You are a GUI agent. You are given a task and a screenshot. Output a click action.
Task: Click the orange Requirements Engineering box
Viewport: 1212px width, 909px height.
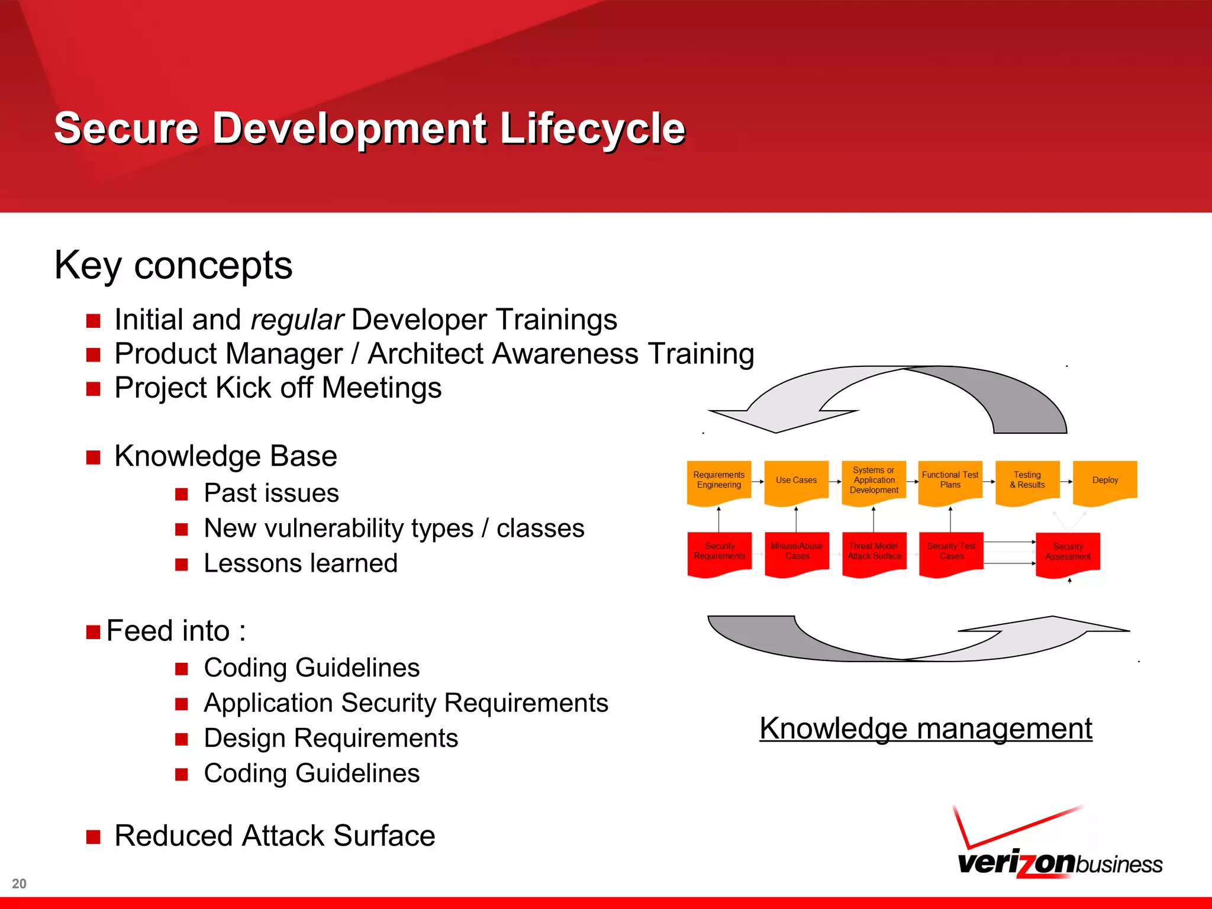click(x=718, y=481)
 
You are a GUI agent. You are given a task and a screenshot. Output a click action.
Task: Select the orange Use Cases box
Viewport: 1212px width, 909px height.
click(x=796, y=481)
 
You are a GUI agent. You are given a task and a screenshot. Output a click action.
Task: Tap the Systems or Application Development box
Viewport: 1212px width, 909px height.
click(x=873, y=481)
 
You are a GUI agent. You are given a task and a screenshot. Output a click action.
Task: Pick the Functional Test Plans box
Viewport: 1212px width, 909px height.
click(x=950, y=481)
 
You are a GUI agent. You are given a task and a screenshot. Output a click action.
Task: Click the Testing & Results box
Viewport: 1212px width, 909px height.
click(x=1027, y=481)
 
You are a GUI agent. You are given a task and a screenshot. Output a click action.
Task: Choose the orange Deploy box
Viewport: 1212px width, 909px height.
click(x=1105, y=481)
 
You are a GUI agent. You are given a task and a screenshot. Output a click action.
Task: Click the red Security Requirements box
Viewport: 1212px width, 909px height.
click(x=719, y=552)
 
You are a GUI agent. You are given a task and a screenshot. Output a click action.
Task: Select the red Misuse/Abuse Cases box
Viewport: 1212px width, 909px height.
click(x=797, y=552)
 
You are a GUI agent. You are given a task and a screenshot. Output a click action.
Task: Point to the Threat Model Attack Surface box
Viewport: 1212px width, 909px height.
click(x=874, y=552)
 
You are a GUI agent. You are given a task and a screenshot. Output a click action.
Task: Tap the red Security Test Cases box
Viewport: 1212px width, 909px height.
click(x=951, y=552)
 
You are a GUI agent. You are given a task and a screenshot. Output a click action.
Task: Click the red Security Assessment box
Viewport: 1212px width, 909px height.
click(x=1068, y=552)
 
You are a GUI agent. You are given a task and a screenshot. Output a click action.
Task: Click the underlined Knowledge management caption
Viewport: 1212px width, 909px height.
click(x=926, y=729)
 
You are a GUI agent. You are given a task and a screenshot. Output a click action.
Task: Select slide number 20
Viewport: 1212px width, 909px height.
click(x=19, y=884)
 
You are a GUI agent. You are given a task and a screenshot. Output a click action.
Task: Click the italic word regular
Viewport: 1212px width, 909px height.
click(x=296, y=320)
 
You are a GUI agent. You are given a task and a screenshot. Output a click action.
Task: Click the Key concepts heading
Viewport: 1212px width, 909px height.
click(x=173, y=265)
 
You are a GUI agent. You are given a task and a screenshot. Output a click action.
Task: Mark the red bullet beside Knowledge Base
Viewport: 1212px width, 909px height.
click(x=93, y=457)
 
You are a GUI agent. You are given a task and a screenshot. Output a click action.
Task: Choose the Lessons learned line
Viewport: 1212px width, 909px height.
click(x=300, y=563)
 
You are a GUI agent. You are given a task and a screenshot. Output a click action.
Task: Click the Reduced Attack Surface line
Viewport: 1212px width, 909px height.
click(x=275, y=836)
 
